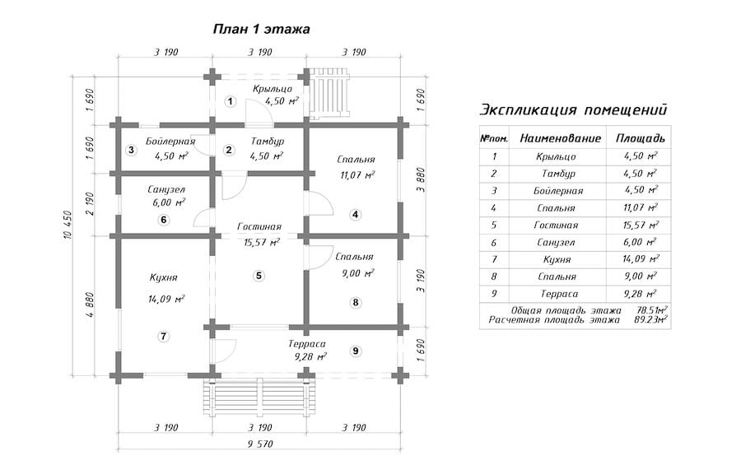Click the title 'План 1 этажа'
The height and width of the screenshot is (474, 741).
pyautogui.click(x=261, y=30)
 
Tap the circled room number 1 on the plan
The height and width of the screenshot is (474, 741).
pyautogui.click(x=231, y=101)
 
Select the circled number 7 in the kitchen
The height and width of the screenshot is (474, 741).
pyautogui.click(x=163, y=337)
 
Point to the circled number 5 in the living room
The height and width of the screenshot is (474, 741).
pyautogui.click(x=259, y=276)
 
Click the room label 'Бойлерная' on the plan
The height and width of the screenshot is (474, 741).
pyautogui.click(x=170, y=142)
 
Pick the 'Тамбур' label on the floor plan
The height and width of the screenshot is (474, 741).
pyautogui.click(x=268, y=142)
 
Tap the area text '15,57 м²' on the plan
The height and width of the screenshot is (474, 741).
pyautogui.click(x=261, y=243)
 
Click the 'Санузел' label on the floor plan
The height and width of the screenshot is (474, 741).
pyautogui.click(x=165, y=190)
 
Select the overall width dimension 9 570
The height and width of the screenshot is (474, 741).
pyautogui.click(x=259, y=444)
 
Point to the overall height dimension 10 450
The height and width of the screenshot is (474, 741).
pyautogui.click(x=67, y=225)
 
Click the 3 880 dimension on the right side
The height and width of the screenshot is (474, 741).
pyautogui.click(x=421, y=180)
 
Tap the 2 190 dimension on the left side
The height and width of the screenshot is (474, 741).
pyautogui.click(x=91, y=204)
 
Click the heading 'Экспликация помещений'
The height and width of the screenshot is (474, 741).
pyautogui.click(x=573, y=110)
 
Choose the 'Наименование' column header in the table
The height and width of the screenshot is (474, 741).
pyautogui.click(x=561, y=138)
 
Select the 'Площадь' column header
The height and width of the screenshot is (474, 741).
pyautogui.click(x=641, y=138)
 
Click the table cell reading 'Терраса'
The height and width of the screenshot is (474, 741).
pyautogui.click(x=557, y=294)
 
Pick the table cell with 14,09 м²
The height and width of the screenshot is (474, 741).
pyautogui.click(x=641, y=258)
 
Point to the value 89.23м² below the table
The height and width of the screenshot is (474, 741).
pyautogui.click(x=652, y=319)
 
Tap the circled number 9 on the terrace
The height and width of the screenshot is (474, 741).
pyautogui.click(x=356, y=351)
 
